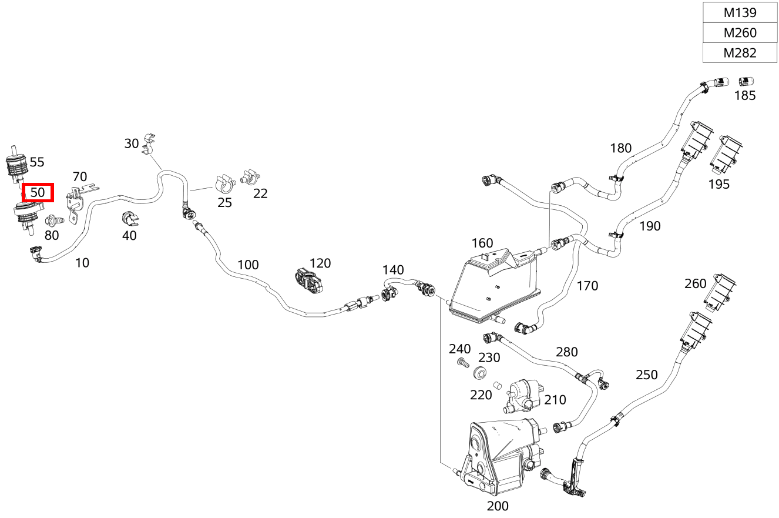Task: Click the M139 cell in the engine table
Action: tap(740, 12)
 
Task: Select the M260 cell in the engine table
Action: tap(740, 33)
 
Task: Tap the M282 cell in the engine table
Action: tap(740, 53)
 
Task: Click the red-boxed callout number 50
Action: tap(38, 192)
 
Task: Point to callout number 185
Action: tap(744, 95)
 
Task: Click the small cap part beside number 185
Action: tap(746, 82)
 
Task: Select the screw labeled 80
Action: tap(55, 220)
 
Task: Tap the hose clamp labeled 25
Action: tap(224, 184)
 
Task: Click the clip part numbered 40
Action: tap(130, 218)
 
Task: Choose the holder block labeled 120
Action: tap(309, 280)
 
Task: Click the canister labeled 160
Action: tap(495, 285)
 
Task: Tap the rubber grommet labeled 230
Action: tap(480, 373)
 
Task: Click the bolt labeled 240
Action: tap(463, 362)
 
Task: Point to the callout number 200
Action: tap(498, 506)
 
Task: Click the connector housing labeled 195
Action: tap(725, 155)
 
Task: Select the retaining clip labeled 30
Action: tap(149, 144)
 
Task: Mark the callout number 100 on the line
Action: tap(247, 265)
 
